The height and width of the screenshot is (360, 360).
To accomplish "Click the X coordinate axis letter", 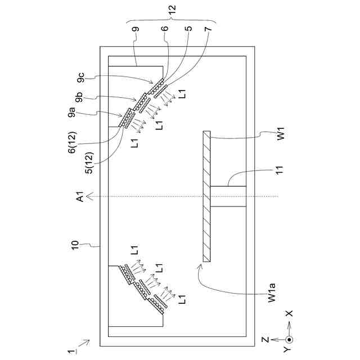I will coord(288,313).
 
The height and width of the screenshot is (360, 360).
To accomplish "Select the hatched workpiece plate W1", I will coord(206,196).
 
